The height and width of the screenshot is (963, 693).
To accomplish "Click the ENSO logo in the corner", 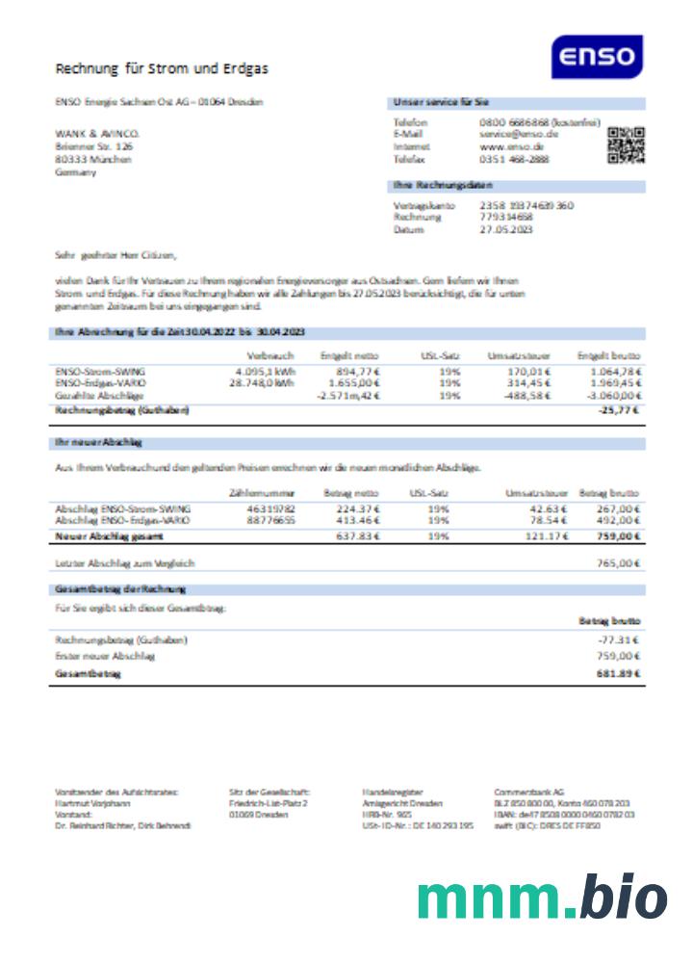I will point(597,57).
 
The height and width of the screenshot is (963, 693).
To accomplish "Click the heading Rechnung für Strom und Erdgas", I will point(162,68).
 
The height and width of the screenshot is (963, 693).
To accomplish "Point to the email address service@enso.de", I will point(519,135).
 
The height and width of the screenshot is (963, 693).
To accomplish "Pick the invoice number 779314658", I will point(506,218).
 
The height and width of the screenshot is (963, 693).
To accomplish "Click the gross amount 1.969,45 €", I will point(613,383).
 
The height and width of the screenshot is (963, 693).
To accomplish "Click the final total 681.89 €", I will point(618,673).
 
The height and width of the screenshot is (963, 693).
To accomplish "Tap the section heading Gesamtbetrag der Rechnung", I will point(120,588).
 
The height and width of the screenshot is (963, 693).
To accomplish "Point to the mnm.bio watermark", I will point(542,898).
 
